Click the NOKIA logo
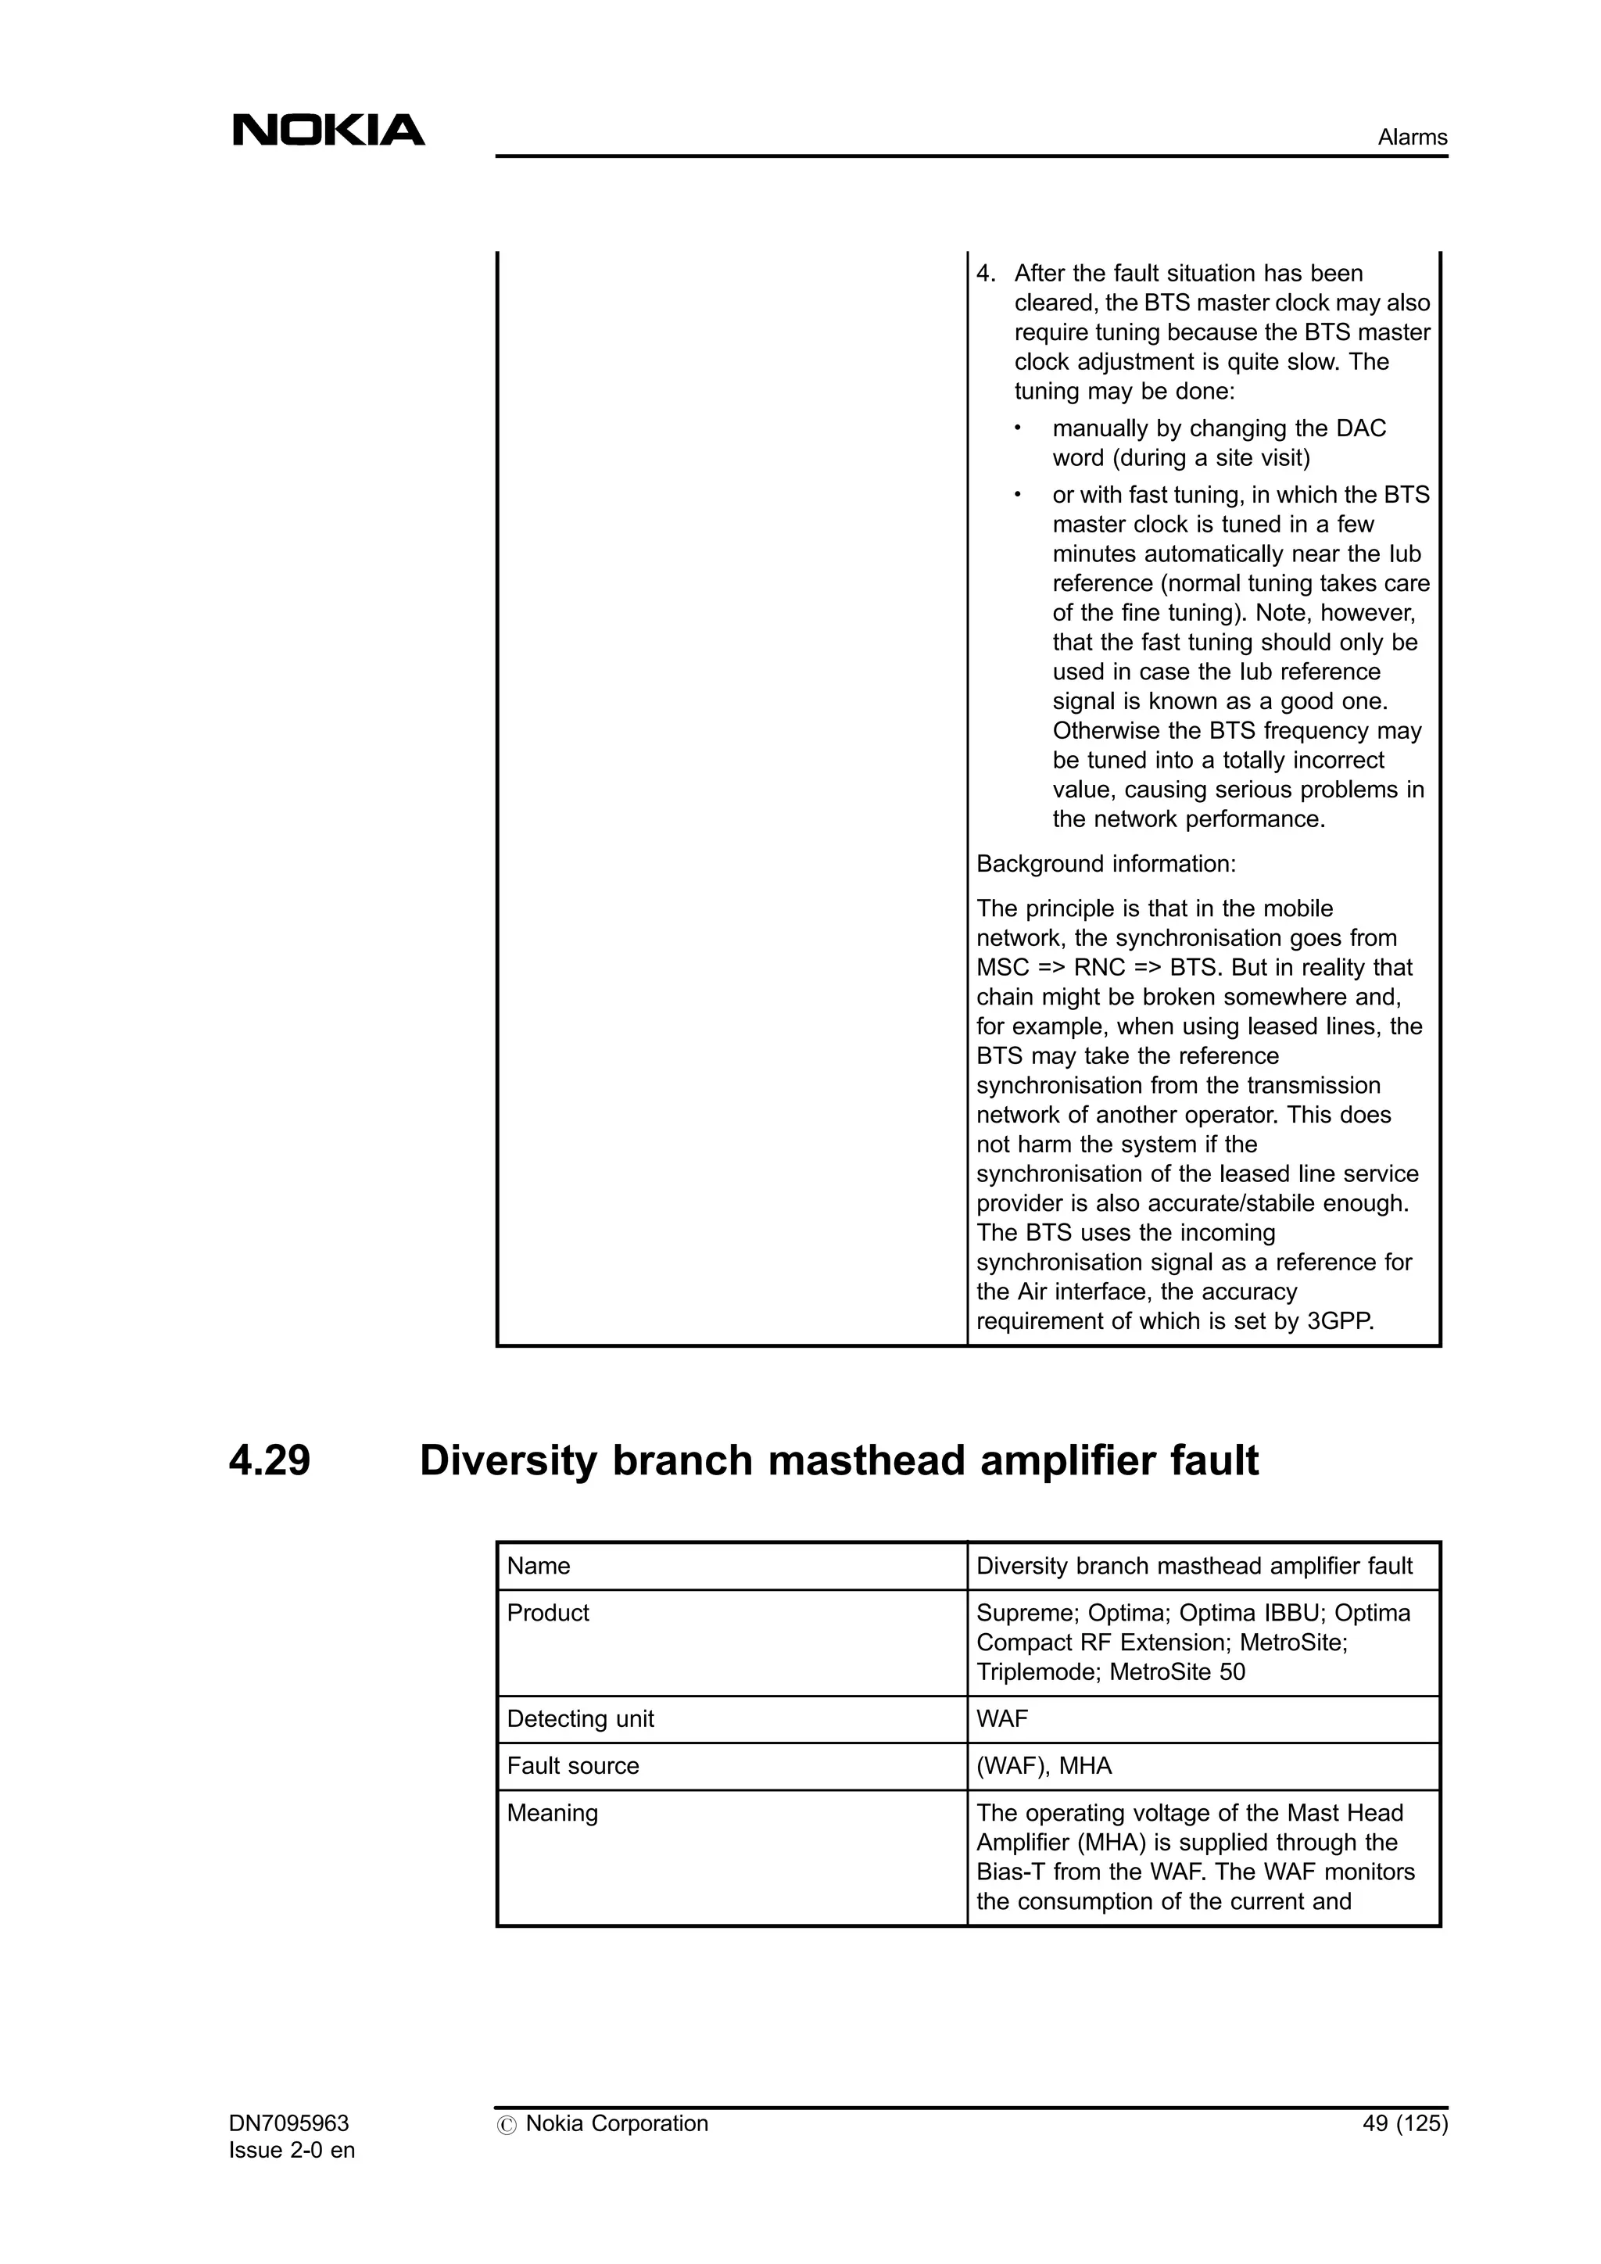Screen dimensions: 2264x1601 tap(328, 130)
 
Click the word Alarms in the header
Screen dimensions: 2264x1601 tap(1412, 137)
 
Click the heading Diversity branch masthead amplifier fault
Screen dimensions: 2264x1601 tap(839, 1460)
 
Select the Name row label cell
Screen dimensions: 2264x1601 tap(539, 1566)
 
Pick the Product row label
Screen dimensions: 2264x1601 tap(548, 1612)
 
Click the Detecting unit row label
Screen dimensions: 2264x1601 tap(580, 1718)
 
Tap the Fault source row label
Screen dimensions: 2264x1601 tap(573, 1765)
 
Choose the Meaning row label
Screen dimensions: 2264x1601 tap(552, 1812)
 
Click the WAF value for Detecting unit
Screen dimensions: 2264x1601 tap(1001, 1718)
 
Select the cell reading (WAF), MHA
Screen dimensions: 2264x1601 tap(1043, 1765)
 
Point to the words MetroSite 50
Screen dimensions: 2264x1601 tap(1177, 1671)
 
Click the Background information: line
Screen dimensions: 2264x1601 tap(1105, 864)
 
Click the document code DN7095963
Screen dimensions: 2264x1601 tap(288, 2123)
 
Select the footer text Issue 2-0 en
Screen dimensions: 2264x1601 tap(292, 2150)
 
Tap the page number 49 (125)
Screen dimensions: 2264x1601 tap(1405, 2123)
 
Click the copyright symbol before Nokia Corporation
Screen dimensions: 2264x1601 tap(507, 2125)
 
